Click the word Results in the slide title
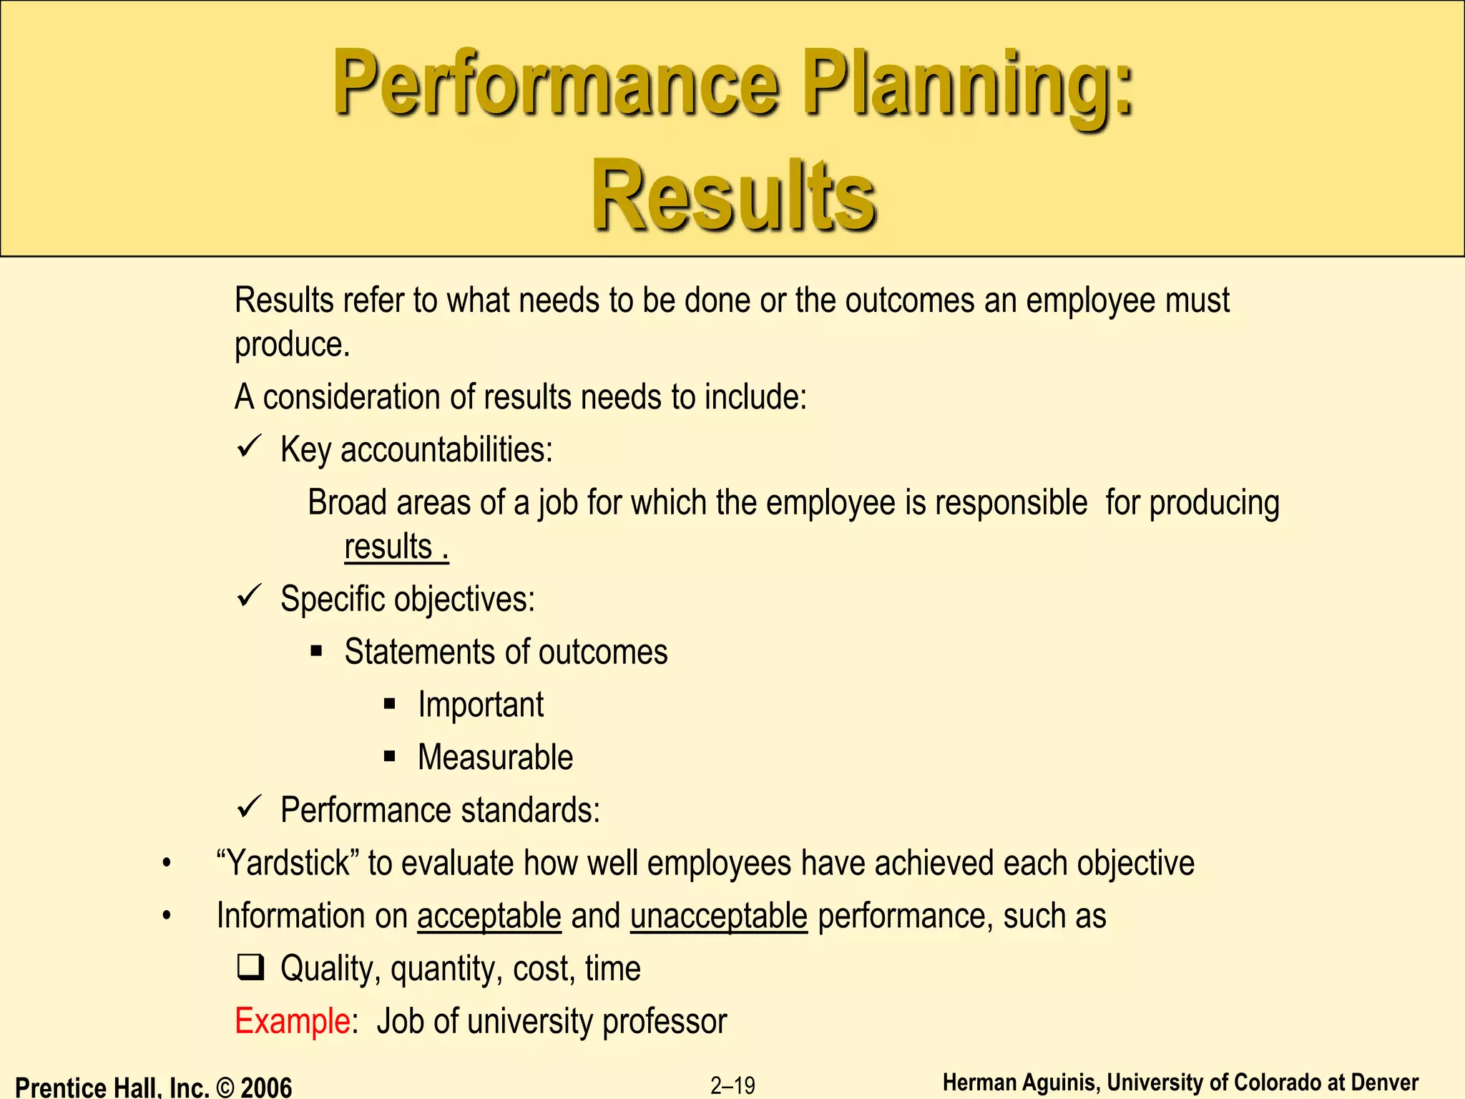tap(734, 195)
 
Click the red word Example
tap(292, 1021)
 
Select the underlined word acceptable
tap(489, 917)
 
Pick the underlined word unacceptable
tap(718, 917)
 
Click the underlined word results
tap(388, 547)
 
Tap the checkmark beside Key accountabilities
tap(249, 448)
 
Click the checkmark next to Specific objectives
tap(249, 597)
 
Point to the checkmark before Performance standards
tap(249, 809)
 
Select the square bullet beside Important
tap(390, 704)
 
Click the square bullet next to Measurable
tap(390, 756)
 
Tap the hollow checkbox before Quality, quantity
tap(250, 968)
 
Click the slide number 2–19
tap(732, 1085)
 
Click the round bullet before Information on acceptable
tap(167, 917)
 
